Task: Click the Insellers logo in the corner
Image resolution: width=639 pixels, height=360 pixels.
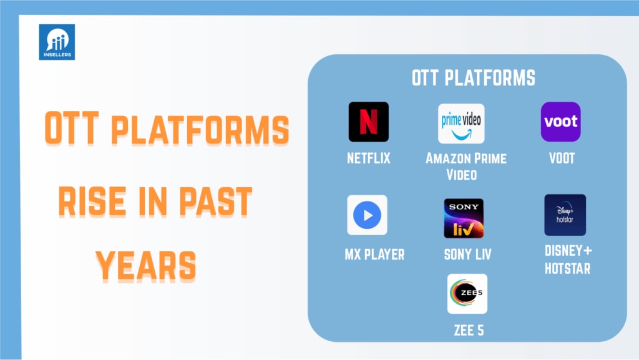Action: (57, 42)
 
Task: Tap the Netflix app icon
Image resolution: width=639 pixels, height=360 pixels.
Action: (368, 122)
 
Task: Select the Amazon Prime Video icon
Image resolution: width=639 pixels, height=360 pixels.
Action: (461, 124)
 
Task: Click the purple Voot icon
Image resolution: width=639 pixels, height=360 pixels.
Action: (561, 122)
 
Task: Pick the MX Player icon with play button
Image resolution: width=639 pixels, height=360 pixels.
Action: (367, 215)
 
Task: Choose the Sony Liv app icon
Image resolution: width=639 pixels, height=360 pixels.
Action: (464, 218)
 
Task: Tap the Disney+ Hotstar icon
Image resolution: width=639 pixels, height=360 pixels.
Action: (565, 215)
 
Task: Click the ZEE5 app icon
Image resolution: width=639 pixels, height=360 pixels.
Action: (467, 294)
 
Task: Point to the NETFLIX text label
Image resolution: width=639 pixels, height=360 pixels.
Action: (368, 158)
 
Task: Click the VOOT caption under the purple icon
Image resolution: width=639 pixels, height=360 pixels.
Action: (562, 158)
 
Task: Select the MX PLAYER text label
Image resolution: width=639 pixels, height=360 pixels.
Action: (374, 255)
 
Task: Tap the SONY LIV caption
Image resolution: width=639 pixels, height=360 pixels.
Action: (468, 255)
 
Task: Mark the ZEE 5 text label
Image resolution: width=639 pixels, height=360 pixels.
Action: (469, 330)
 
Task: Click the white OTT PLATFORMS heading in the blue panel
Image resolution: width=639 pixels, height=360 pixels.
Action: (474, 78)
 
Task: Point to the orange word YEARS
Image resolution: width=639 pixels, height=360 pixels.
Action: (146, 266)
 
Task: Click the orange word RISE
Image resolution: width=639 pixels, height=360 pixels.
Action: (92, 201)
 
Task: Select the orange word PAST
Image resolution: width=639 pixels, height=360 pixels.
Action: (215, 201)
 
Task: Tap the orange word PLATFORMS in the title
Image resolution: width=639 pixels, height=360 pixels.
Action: (200, 130)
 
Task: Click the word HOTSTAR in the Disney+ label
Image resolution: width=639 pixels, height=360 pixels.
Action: (568, 268)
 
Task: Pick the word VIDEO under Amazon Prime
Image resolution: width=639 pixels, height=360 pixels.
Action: (462, 175)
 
